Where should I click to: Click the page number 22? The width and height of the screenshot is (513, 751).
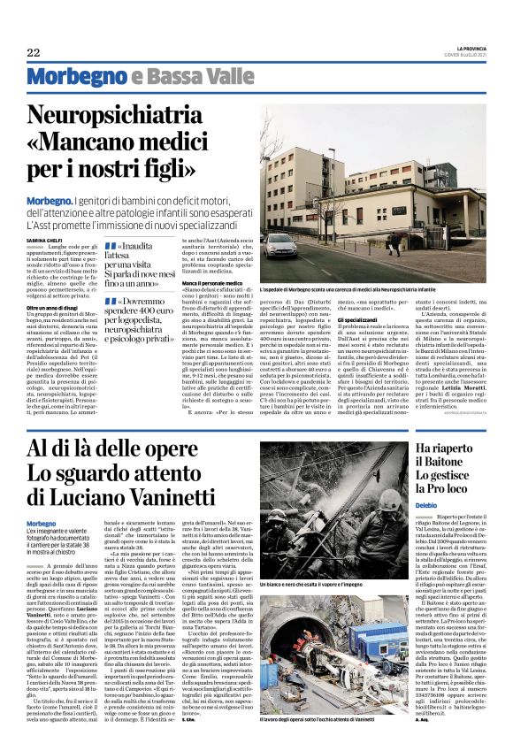(x=33, y=52)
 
